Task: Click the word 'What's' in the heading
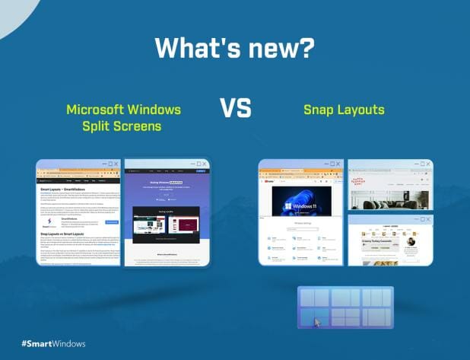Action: (196, 47)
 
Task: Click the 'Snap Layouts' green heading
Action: (344, 110)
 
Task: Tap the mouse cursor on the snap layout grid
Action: (318, 321)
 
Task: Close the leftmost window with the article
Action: (116, 164)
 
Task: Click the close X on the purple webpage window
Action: (204, 164)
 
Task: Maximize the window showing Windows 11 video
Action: (330, 164)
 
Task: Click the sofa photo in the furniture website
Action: (389, 196)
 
